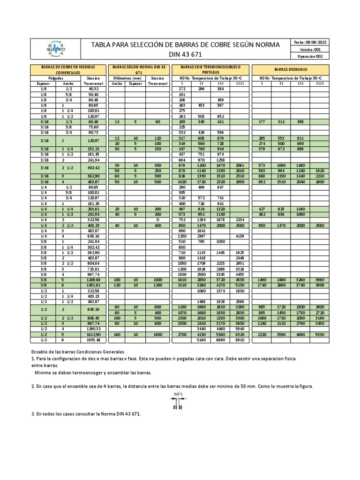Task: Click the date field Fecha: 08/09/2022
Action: [x=311, y=42]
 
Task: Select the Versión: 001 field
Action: [x=311, y=49]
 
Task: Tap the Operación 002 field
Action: [x=311, y=56]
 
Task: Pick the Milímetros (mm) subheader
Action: [x=125, y=78]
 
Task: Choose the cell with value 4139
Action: [x=240, y=236]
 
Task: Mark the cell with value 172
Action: [x=182, y=89]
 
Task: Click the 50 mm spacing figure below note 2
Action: [x=178, y=401]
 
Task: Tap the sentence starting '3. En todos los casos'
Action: [x=86, y=414]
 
